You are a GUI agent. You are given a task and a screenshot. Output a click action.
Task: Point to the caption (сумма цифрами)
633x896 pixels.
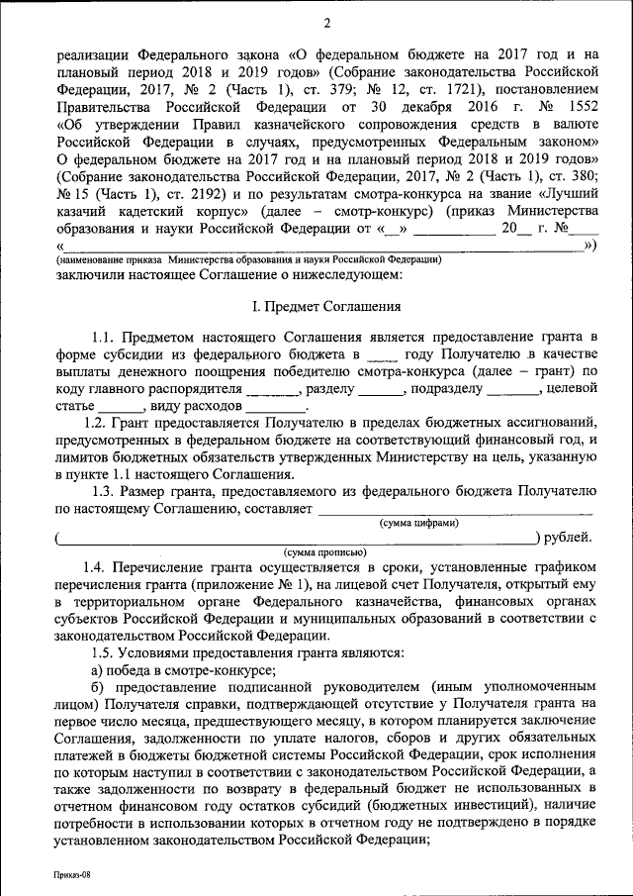419,522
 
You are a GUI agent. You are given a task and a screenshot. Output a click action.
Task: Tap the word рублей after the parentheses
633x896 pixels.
571,538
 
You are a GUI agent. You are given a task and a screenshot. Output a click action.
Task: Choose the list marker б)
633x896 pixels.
96,688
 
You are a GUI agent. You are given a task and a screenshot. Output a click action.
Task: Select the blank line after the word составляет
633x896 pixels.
455,509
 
